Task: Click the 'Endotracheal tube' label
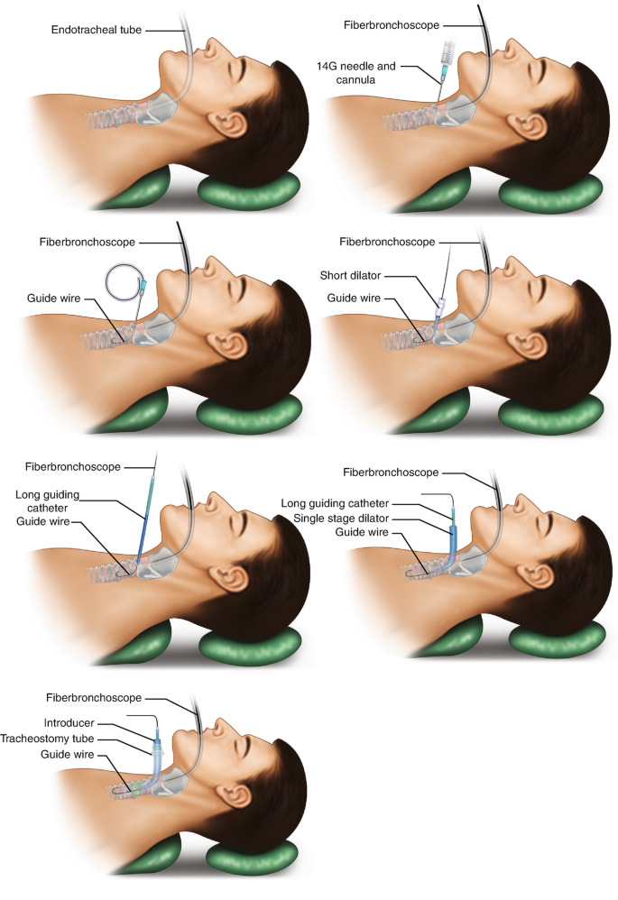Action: [95, 30]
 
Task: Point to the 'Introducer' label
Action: [69, 723]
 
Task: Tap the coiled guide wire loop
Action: [123, 281]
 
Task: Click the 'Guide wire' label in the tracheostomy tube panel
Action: [69, 755]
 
